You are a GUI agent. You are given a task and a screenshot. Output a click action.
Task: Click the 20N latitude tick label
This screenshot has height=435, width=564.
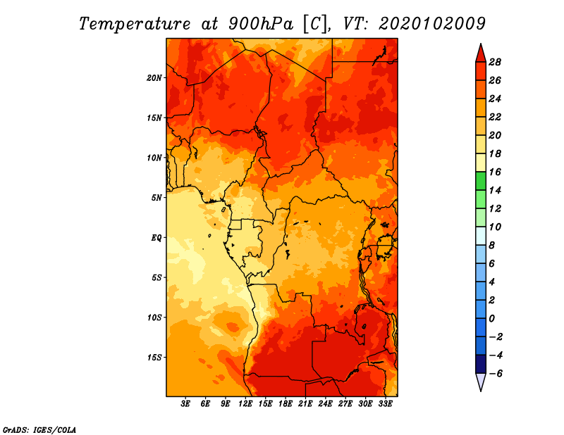click(x=154, y=78)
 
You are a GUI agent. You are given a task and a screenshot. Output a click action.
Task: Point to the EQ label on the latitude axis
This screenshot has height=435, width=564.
click(x=156, y=238)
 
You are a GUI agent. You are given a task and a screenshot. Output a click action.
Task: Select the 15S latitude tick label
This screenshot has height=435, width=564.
click(x=154, y=358)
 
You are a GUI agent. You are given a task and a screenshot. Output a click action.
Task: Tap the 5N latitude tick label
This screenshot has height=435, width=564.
click(x=157, y=198)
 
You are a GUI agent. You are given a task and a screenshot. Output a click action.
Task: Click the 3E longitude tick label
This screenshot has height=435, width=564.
click(x=185, y=404)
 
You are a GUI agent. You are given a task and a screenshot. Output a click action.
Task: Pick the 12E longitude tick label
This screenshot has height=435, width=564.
click(x=245, y=404)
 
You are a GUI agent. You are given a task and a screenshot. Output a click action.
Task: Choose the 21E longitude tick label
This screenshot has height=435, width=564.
click(x=305, y=404)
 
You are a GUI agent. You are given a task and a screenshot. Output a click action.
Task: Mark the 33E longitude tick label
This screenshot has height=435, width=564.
click(x=385, y=404)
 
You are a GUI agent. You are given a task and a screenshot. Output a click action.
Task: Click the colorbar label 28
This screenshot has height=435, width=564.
click(x=495, y=62)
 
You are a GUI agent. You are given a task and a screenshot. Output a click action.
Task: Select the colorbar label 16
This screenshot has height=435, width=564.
click(x=495, y=172)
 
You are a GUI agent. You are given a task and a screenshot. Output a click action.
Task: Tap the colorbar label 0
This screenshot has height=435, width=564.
click(x=491, y=319)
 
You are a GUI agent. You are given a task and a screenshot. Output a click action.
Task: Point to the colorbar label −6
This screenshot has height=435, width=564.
click(x=496, y=374)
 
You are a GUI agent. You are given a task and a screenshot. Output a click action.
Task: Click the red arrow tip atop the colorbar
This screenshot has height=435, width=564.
click(x=481, y=44)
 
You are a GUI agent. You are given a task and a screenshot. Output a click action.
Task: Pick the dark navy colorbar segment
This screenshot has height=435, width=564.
click(x=481, y=364)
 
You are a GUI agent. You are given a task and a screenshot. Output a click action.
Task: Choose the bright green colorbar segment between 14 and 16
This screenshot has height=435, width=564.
click(x=481, y=182)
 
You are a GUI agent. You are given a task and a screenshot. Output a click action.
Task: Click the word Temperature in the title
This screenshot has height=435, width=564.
click(x=135, y=24)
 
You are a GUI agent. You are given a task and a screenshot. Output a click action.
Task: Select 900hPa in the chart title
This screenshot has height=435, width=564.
click(x=261, y=24)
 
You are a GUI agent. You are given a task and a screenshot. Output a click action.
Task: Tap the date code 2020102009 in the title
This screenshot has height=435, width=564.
click(x=432, y=24)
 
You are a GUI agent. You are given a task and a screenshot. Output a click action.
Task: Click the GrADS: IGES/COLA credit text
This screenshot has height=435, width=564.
click(x=39, y=429)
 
